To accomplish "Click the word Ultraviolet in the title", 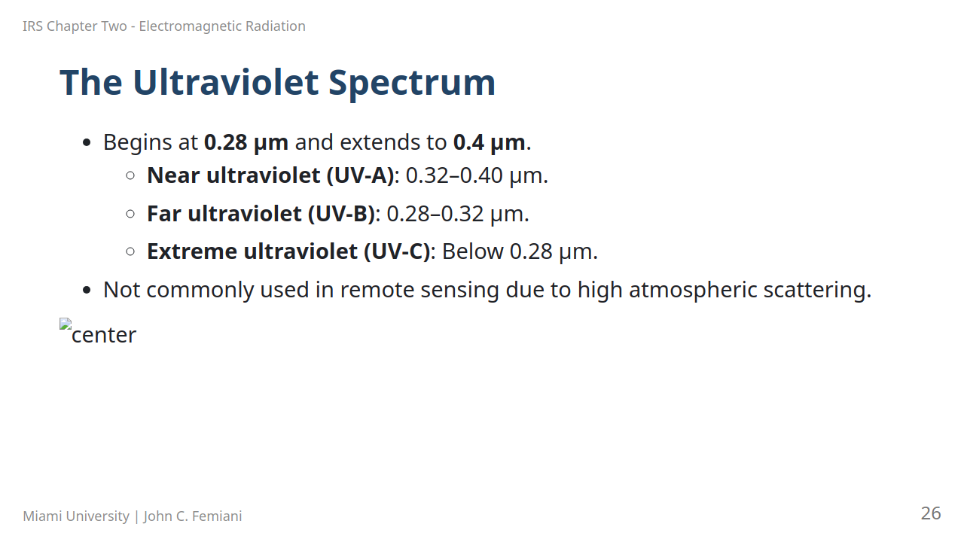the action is tap(226, 82).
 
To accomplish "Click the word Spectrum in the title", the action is tap(412, 84).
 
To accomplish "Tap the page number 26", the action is tap(931, 513).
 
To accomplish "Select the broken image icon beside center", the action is tap(66, 324).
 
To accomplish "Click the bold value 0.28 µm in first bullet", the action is tap(246, 142).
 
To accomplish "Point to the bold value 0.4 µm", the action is tap(490, 142).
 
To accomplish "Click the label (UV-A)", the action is tap(361, 175).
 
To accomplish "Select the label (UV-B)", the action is tap(342, 214).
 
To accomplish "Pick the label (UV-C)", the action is tap(397, 251).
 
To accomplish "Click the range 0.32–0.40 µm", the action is tap(477, 175).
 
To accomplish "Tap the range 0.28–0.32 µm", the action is tap(458, 214).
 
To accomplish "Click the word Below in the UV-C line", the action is tap(472, 251).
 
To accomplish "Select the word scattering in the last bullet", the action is tap(817, 290).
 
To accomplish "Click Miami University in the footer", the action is tap(76, 516).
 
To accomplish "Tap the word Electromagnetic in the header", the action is tap(191, 26).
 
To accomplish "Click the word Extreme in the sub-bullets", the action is tap(192, 251).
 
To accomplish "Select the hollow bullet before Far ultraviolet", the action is tap(130, 214).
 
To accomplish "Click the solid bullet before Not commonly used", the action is tap(87, 291).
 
